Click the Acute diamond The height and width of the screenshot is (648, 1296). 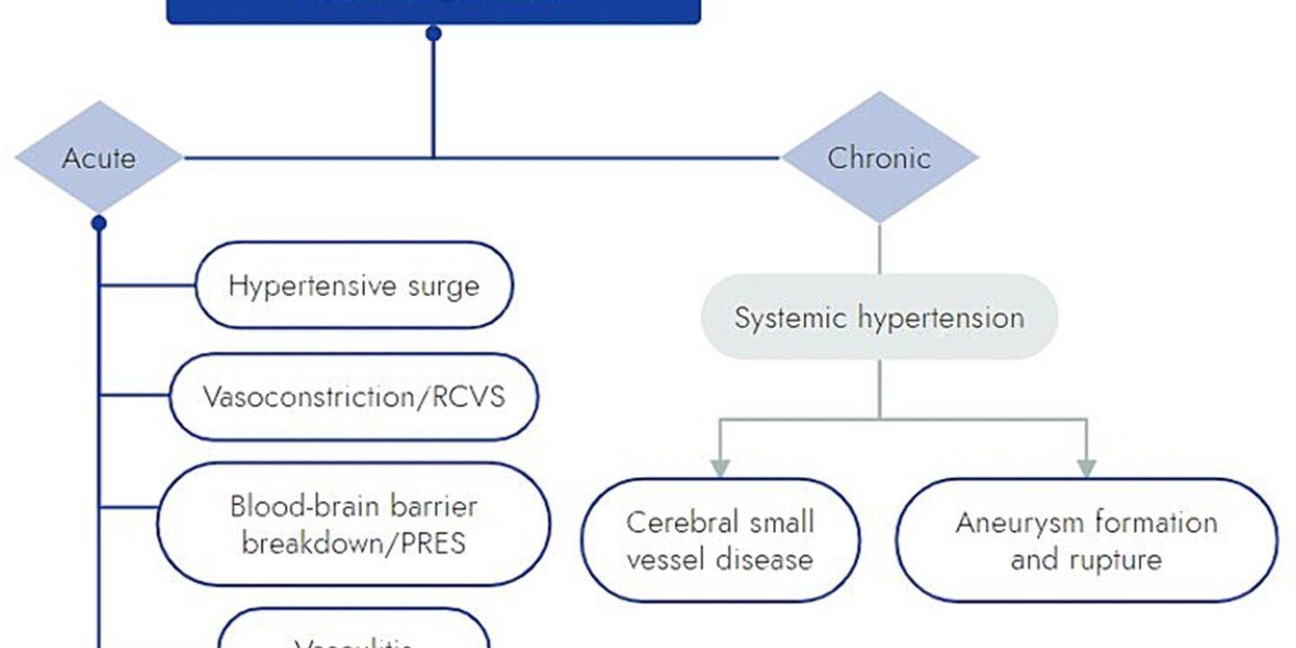[x=99, y=158]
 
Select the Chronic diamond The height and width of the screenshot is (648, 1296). [x=879, y=157]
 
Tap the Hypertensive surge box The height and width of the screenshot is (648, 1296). [x=354, y=285]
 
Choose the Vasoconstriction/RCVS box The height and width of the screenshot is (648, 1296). [x=354, y=397]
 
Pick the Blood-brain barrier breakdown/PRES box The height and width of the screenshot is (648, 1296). [x=354, y=524]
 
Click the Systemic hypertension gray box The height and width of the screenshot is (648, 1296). [x=879, y=318]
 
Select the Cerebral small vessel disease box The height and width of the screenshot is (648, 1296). [x=720, y=540]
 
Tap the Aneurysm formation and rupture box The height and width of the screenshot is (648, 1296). [x=1086, y=540]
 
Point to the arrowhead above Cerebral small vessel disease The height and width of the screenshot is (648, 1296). [x=719, y=468]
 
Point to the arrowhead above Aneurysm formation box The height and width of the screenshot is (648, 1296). [x=1086, y=468]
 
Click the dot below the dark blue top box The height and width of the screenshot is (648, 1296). [x=433, y=34]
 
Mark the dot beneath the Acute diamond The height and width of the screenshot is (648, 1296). [x=99, y=221]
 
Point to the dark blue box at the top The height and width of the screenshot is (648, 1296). [x=433, y=9]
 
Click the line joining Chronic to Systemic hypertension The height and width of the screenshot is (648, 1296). [x=879, y=247]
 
